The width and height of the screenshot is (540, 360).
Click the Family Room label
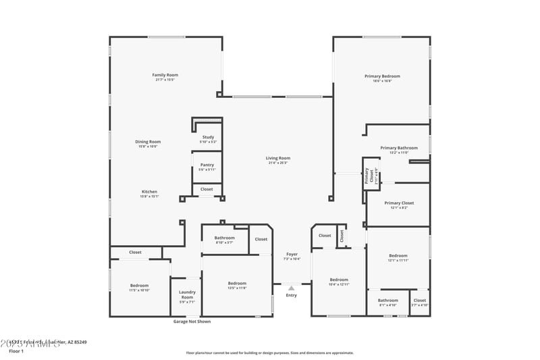click(x=165, y=75)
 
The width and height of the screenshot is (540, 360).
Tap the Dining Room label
click(x=149, y=142)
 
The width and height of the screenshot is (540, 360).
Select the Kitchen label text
click(x=149, y=192)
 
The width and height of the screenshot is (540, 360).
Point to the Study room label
click(x=208, y=137)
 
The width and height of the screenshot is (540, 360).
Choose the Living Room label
click(x=278, y=159)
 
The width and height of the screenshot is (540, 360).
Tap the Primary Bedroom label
click(x=382, y=76)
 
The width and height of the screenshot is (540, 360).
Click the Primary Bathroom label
click(x=398, y=148)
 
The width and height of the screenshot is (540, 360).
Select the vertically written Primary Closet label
click(x=368, y=176)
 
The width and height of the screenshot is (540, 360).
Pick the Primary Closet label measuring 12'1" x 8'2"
click(x=398, y=203)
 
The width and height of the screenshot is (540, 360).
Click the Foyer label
click(x=292, y=255)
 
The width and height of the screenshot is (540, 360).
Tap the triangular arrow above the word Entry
click(x=292, y=288)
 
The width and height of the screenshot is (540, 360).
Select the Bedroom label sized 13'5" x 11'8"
click(x=237, y=284)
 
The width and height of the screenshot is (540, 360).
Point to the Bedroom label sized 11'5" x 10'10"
click(x=140, y=286)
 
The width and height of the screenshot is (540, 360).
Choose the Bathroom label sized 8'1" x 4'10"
click(x=387, y=301)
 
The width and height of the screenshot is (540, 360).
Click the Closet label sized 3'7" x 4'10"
click(x=419, y=301)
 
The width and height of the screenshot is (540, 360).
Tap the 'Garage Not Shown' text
click(x=192, y=322)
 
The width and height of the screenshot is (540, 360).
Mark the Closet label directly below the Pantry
click(x=207, y=189)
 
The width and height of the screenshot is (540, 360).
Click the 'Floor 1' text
click(x=16, y=351)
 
